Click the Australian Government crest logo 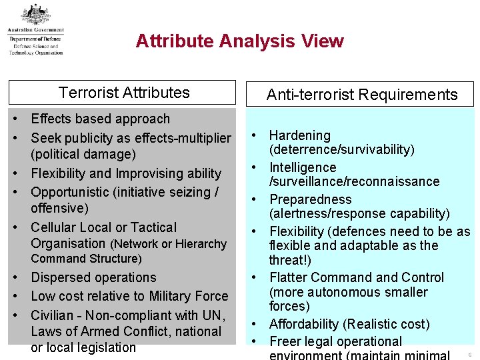click(x=35, y=14)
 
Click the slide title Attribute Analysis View click(x=239, y=41)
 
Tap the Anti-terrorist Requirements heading click(x=362, y=95)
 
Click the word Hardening click(x=299, y=136)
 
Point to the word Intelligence click(x=302, y=167)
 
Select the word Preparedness click(x=310, y=199)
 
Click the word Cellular click(x=54, y=227)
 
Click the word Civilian click(x=53, y=315)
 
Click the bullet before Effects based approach click(x=15, y=119)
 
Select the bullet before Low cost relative click(x=15, y=296)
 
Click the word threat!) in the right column click(x=289, y=260)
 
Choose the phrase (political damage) click(x=83, y=154)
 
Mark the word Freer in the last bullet click(x=285, y=341)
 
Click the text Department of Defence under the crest click(x=35, y=40)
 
